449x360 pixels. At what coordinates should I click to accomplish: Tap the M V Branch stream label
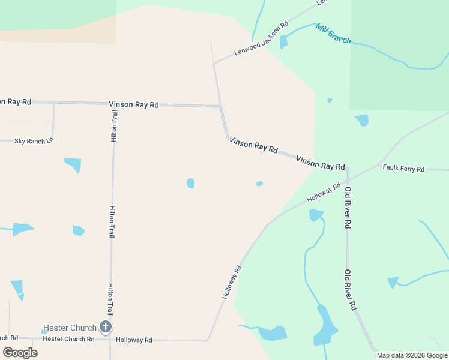[x=333, y=34]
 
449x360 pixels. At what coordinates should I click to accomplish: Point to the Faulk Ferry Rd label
[x=403, y=169]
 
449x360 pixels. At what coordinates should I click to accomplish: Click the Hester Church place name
[x=70, y=328]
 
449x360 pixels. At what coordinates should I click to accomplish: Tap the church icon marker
[x=106, y=327]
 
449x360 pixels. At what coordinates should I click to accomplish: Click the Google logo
[x=20, y=352]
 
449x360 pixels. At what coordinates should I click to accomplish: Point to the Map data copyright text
[x=412, y=355]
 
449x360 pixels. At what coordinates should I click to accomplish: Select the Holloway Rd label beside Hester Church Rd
[x=134, y=340]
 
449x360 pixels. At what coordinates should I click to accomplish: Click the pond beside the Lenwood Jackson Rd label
[x=283, y=42]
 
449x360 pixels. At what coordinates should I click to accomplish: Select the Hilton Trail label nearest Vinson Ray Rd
[x=114, y=125]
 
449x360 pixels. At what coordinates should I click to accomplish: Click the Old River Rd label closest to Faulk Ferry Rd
[x=347, y=208]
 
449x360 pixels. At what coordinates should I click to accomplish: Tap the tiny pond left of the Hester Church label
[x=44, y=331]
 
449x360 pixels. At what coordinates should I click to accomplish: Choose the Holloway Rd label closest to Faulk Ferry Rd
[x=324, y=193]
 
